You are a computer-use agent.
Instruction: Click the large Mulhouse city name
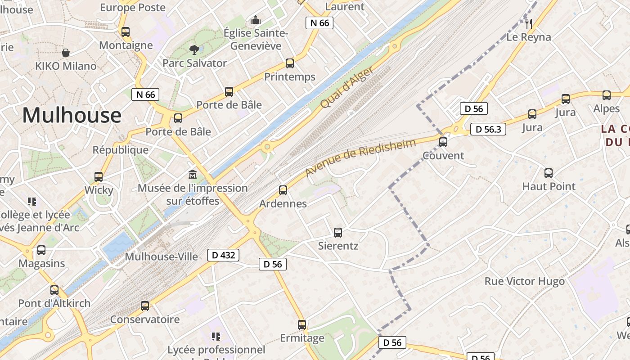[72, 115]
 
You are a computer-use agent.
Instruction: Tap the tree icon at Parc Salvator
[194, 49]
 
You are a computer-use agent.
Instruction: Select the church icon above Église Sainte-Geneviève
[256, 20]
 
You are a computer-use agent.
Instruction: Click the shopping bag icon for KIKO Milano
[66, 53]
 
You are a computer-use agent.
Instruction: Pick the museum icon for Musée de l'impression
[193, 174]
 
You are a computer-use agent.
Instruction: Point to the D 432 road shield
[223, 255]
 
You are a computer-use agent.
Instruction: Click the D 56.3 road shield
[488, 130]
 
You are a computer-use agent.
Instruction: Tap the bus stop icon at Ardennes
[283, 190]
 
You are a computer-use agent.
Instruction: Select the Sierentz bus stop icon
[338, 233]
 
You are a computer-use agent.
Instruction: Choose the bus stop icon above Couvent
[443, 142]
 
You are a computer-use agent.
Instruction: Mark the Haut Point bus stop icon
[549, 173]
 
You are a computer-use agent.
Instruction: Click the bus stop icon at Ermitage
[302, 325]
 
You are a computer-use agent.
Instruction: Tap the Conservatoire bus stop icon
[145, 306]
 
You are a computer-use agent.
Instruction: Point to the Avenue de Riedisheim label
[354, 157]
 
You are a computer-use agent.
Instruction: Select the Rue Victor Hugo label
[524, 282]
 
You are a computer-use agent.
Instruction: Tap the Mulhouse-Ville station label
[161, 256]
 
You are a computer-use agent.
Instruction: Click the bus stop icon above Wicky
[99, 177]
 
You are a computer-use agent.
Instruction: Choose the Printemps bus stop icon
[290, 63]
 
